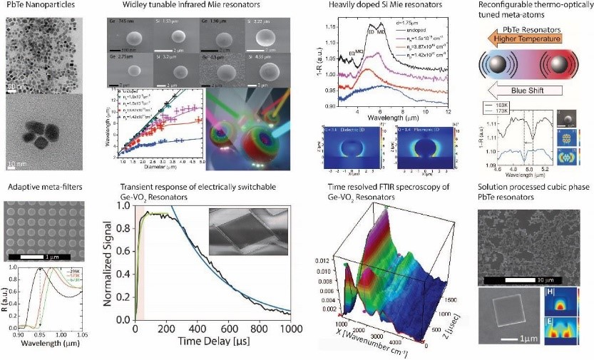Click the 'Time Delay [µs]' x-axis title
click(205, 351)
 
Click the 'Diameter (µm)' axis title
click(154, 168)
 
